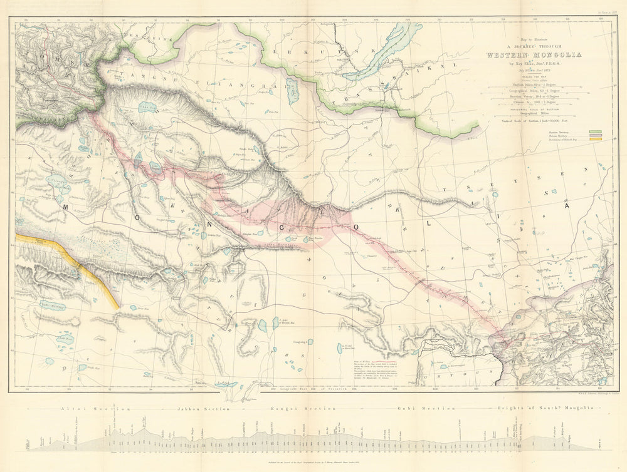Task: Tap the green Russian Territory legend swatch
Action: coord(595,132)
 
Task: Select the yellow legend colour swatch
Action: coord(595,139)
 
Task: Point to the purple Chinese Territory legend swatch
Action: coord(595,135)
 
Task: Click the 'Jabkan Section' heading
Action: coord(195,408)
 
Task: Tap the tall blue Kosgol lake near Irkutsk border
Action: coord(292,91)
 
